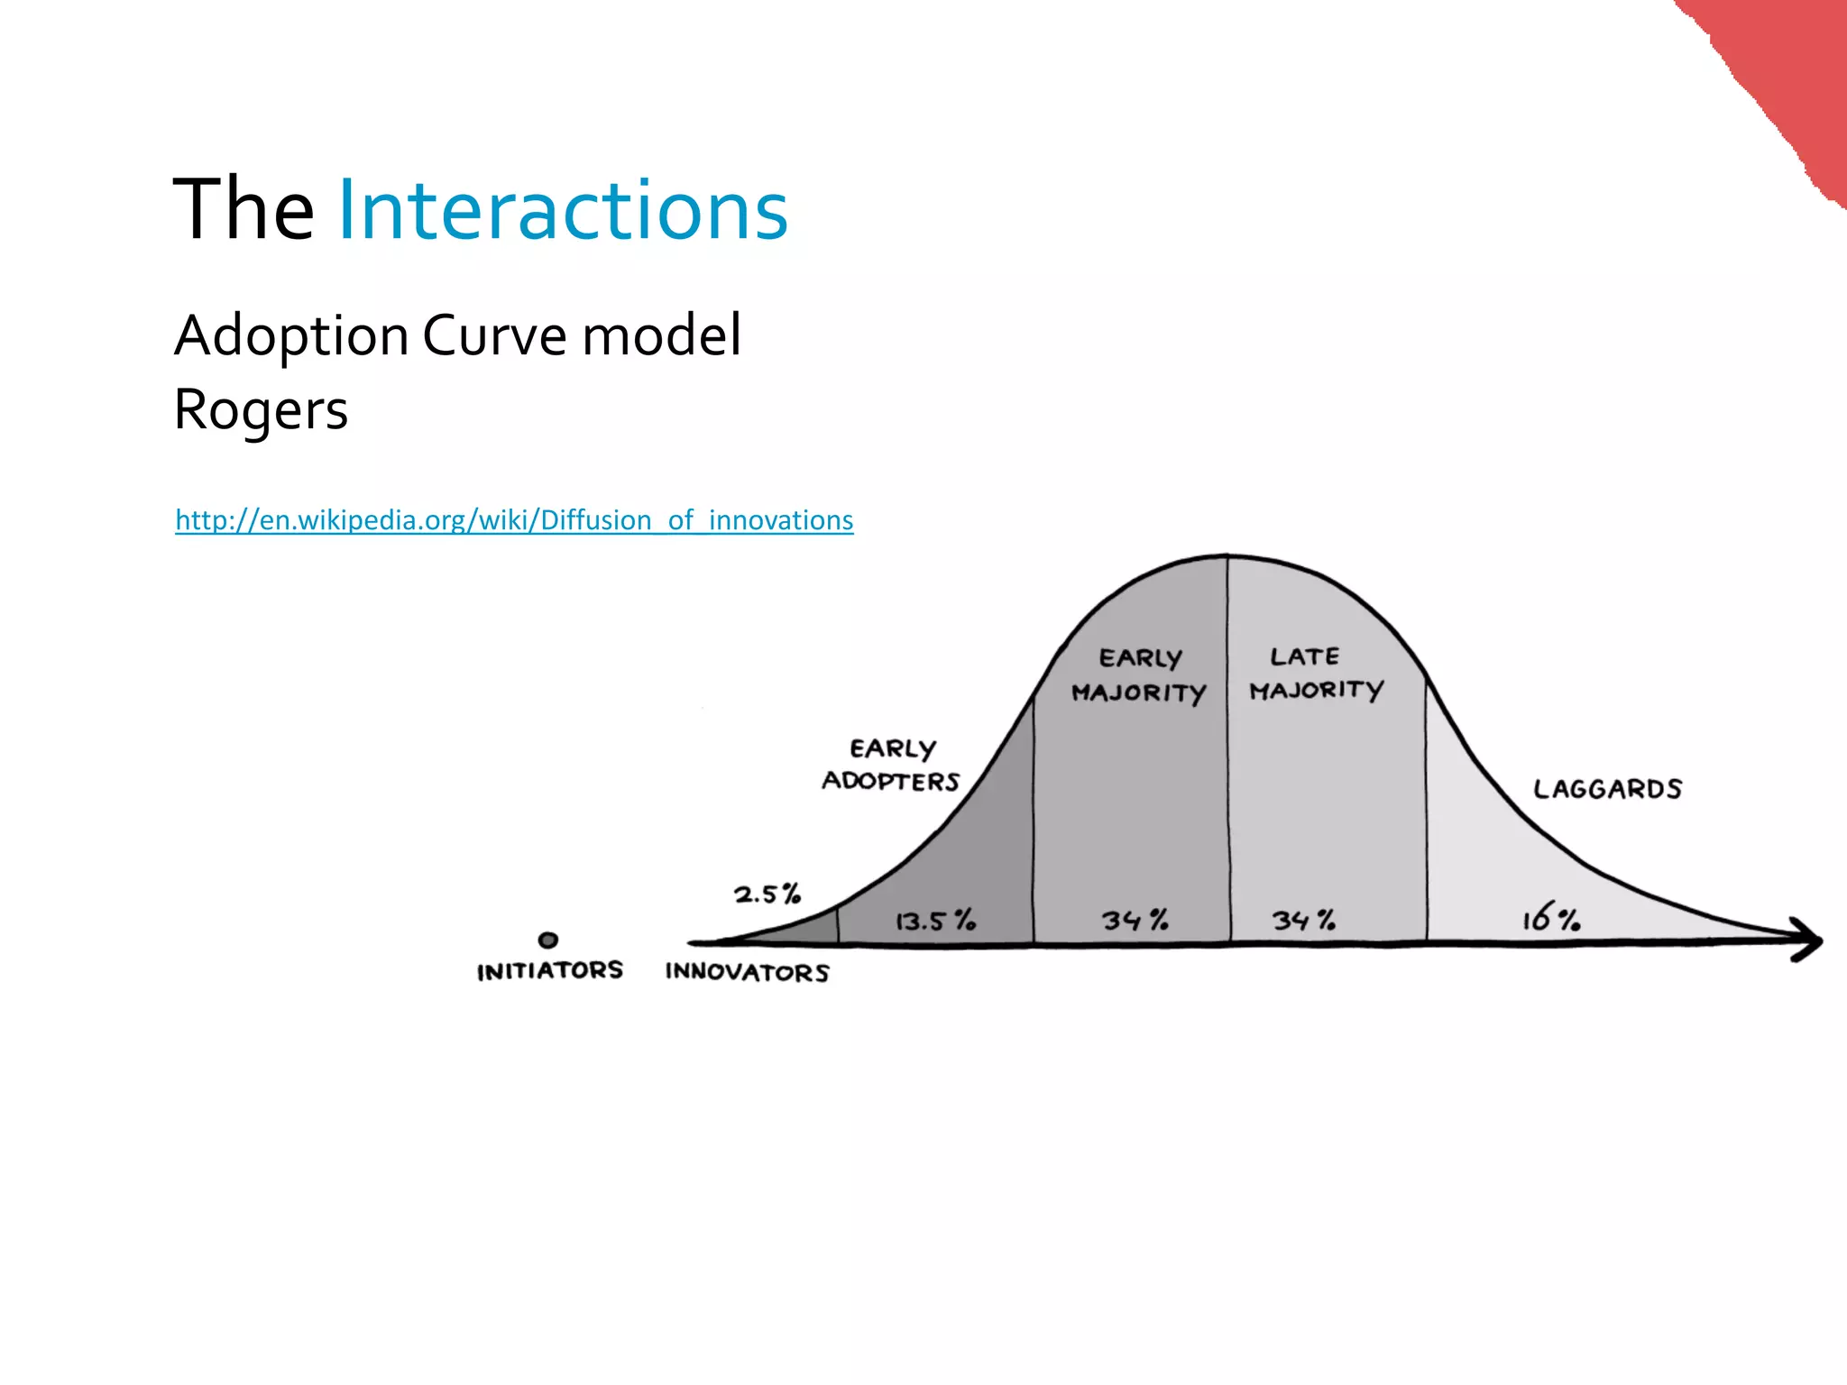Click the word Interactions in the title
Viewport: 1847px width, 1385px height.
pos(563,210)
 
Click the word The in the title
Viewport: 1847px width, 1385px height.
pos(243,210)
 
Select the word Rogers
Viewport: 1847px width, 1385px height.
pos(261,410)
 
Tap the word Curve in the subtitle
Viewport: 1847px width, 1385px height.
pos(495,335)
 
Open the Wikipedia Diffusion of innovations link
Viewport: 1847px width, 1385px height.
pos(514,520)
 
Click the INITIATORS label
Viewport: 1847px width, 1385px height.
pos(549,970)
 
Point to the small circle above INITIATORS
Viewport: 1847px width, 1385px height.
pos(547,940)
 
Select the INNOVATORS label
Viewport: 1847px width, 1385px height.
pos(747,972)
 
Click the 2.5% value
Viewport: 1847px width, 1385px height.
pos(767,894)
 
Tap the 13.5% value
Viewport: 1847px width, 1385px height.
pos(934,921)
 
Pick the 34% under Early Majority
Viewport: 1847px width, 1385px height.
pos(1135,920)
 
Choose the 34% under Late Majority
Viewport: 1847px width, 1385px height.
pos(1303,920)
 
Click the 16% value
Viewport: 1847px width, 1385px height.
pos(1550,918)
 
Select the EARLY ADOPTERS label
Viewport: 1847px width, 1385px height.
pos(891,765)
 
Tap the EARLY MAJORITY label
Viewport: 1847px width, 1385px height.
pos(1138,675)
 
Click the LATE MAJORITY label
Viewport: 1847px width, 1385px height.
pos(1315,673)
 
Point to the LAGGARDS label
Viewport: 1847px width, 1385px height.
pos(1607,789)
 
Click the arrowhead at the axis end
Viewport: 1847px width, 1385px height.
pos(1807,940)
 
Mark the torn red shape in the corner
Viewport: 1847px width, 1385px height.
pos(1781,72)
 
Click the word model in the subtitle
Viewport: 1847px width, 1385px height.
pos(662,335)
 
